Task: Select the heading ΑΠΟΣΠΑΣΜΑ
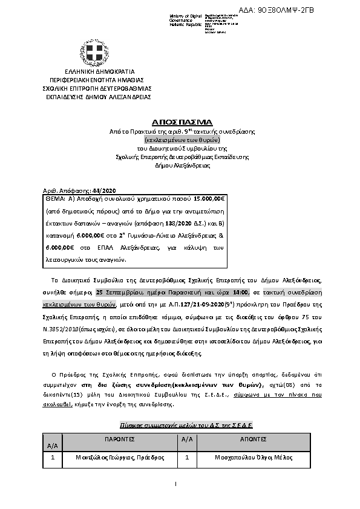coord(180,122)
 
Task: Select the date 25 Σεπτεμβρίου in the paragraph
coord(118,290)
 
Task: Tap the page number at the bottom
coord(175,484)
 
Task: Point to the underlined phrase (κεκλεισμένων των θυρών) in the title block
coord(180,139)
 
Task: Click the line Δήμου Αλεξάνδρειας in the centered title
coord(180,165)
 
